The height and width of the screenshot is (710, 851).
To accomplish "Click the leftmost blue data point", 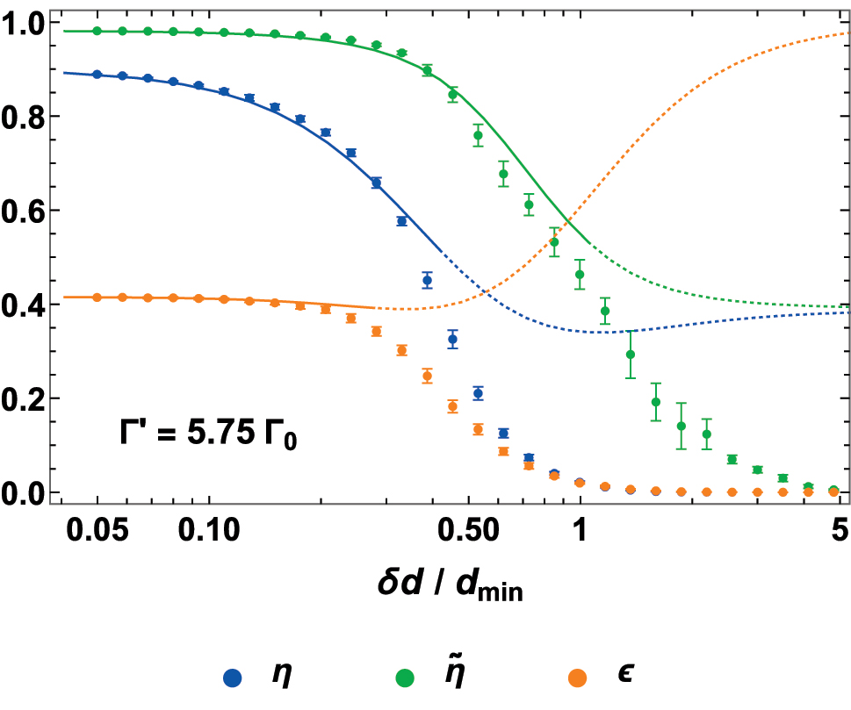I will [x=97, y=75].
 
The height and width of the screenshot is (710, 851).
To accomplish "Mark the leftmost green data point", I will [x=97, y=31].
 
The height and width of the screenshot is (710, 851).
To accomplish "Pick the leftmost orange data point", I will [x=97, y=298].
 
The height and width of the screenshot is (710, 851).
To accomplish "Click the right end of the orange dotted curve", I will [x=848, y=33].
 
